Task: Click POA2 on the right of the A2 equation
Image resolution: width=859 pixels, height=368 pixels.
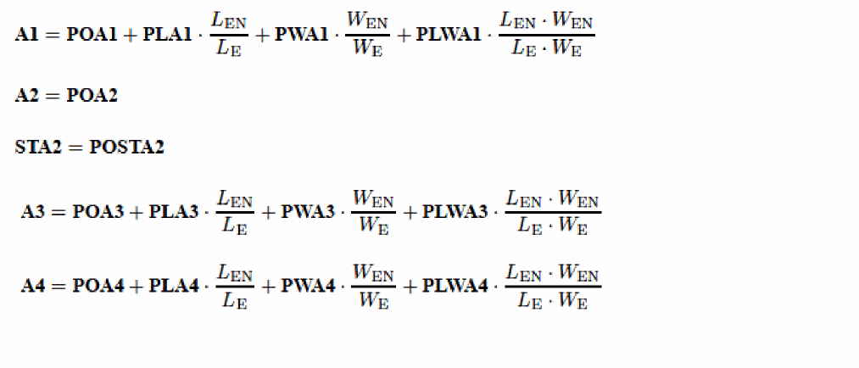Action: pyautogui.click(x=92, y=95)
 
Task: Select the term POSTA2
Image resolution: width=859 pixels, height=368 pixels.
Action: pyautogui.click(x=126, y=148)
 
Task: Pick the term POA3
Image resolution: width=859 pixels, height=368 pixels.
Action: pyautogui.click(x=98, y=212)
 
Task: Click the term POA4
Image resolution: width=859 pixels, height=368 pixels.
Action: pyautogui.click(x=98, y=287)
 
